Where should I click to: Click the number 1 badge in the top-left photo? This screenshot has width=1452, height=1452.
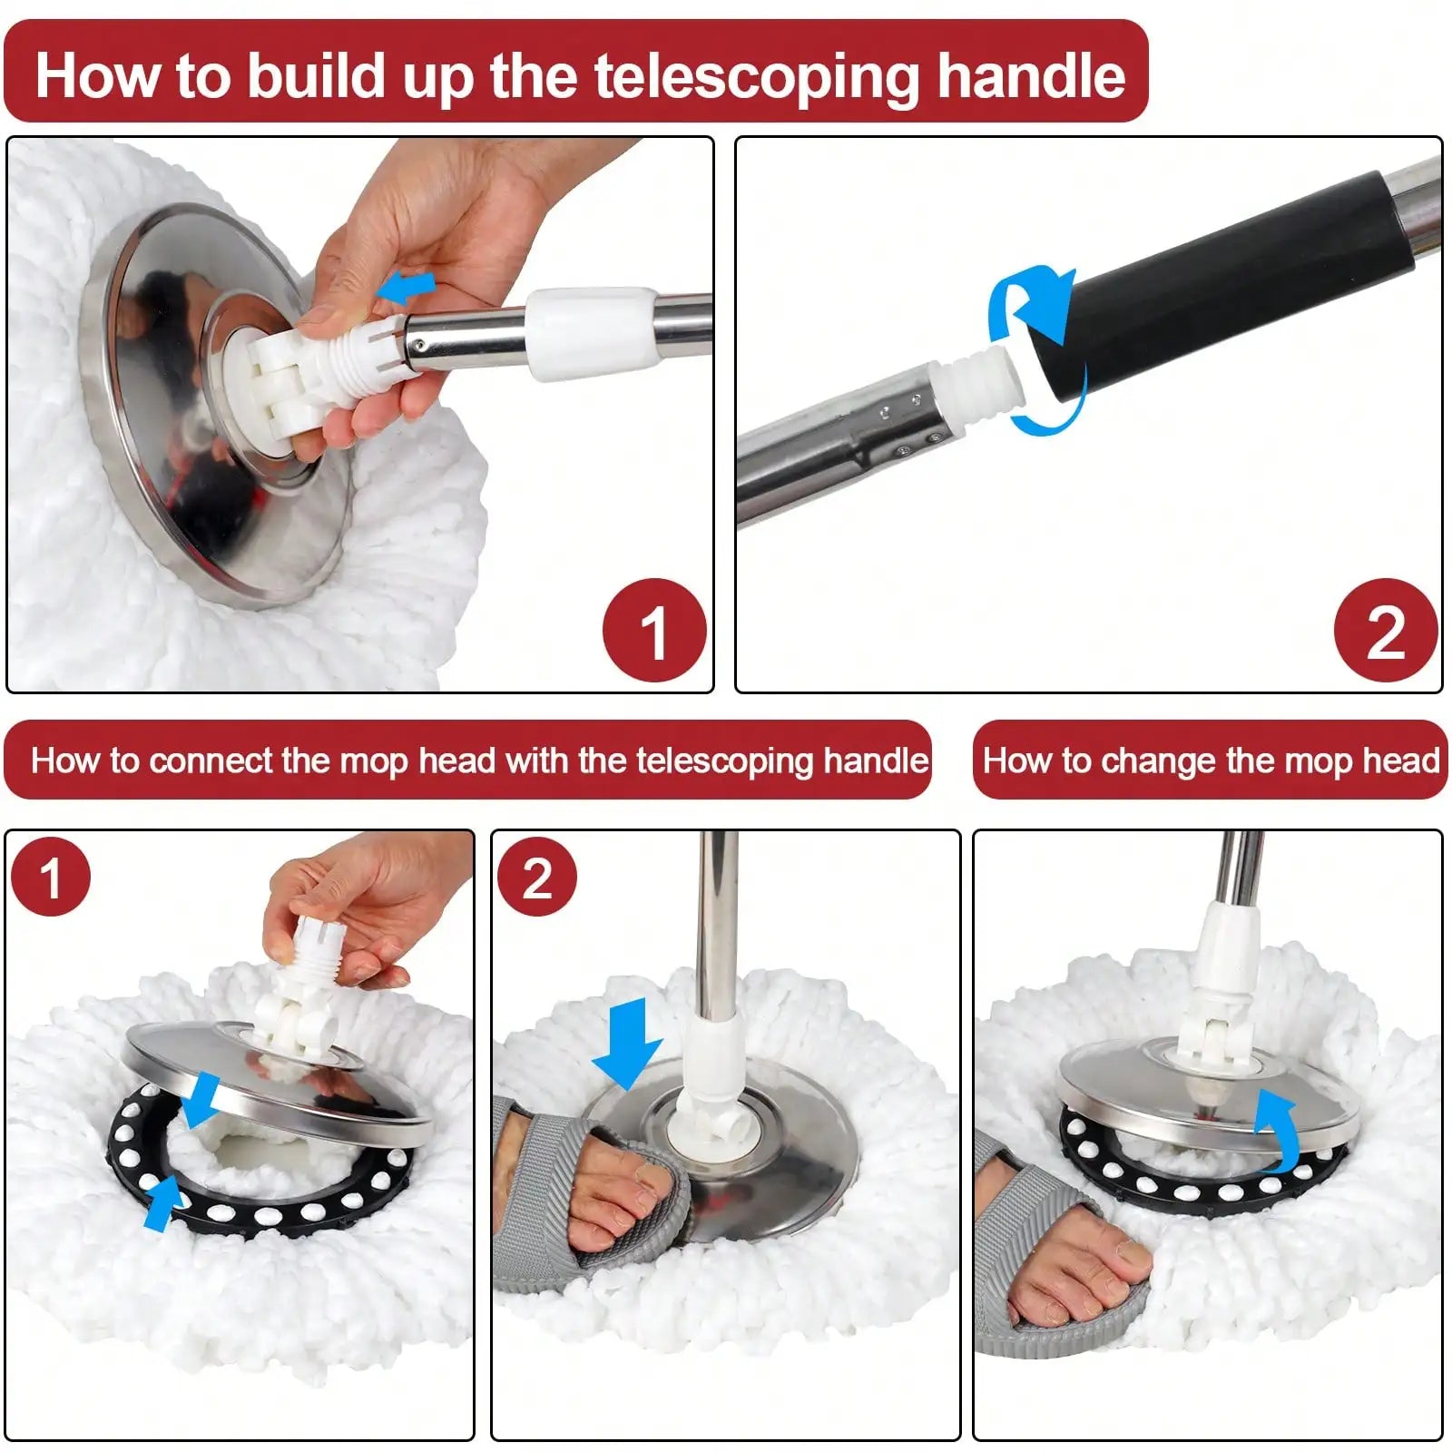(x=654, y=631)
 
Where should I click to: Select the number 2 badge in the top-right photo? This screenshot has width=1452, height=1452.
(x=1386, y=631)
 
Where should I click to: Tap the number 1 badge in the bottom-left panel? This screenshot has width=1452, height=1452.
(x=51, y=878)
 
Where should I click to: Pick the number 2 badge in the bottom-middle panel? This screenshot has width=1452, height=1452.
(x=537, y=878)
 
